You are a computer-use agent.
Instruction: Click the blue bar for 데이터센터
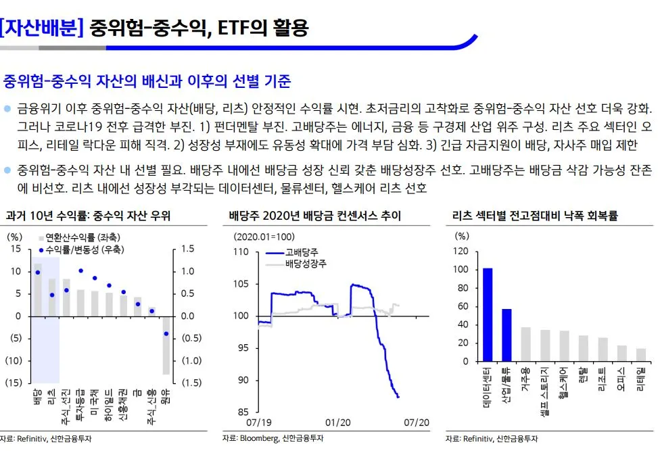[x=487, y=314]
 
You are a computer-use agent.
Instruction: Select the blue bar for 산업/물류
[x=507, y=335]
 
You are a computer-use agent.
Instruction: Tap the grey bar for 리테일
[x=640, y=354]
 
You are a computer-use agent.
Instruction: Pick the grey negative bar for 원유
[x=166, y=345]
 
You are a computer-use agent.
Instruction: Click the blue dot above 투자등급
[x=81, y=270]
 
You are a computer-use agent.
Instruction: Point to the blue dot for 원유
[x=166, y=334]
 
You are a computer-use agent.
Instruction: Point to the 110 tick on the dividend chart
[x=241, y=252]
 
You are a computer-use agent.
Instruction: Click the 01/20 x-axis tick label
[x=338, y=422]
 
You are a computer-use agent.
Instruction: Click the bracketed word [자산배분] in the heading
[x=42, y=28]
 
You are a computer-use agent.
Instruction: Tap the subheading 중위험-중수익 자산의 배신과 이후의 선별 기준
[x=147, y=82]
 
